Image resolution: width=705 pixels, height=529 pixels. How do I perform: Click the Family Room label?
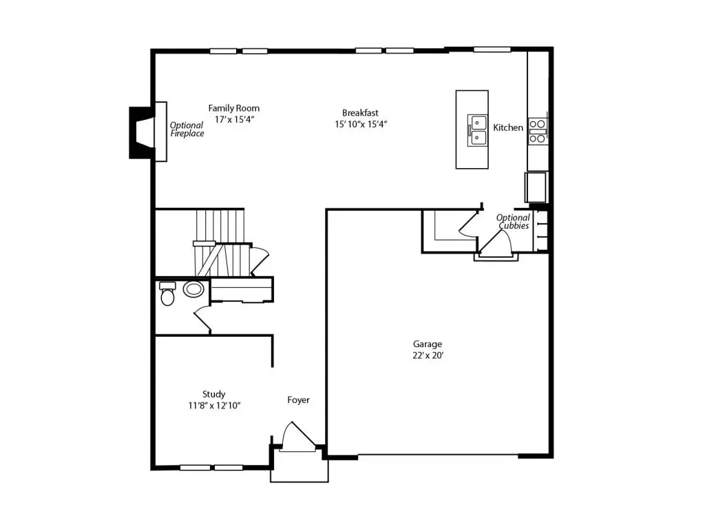234,108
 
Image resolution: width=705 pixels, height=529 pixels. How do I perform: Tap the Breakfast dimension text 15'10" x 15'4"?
361,124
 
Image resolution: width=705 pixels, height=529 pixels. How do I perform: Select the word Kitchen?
508,127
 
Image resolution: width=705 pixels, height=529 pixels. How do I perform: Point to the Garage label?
428,344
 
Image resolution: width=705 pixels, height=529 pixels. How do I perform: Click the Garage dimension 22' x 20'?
428,355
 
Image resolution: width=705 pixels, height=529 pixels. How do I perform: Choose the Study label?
213,395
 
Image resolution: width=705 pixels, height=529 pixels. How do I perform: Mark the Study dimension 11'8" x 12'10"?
214,406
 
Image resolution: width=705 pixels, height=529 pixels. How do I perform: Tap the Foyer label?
299,400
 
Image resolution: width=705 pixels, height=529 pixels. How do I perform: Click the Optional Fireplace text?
187,129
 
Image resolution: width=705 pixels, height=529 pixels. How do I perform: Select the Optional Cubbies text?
513,221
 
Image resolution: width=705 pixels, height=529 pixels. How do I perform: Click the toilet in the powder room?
167,293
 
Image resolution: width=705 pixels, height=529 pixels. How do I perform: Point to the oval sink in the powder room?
193,289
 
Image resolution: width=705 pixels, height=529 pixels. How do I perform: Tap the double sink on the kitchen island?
477,130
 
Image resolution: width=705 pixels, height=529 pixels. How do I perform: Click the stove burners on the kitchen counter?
538,131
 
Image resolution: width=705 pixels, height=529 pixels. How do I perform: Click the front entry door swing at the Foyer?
297,436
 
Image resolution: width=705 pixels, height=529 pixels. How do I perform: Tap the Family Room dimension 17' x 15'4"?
234,120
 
